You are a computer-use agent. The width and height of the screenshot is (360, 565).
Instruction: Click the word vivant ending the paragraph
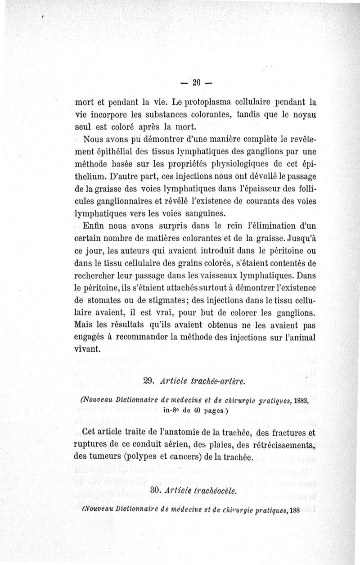click(x=87, y=349)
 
